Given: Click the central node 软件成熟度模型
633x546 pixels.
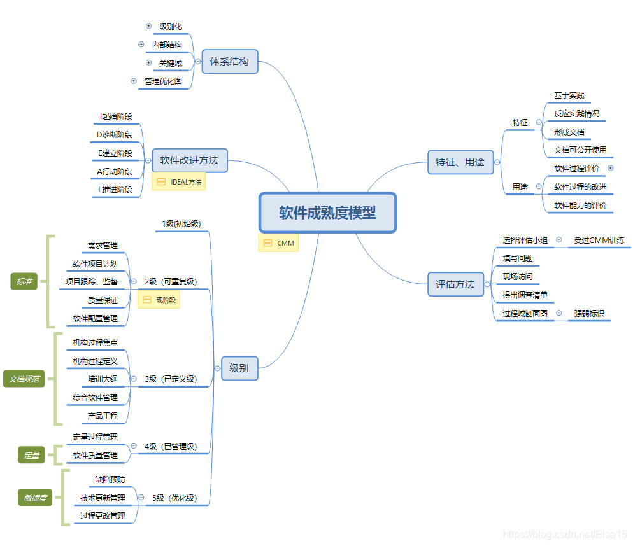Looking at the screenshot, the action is pos(327,213).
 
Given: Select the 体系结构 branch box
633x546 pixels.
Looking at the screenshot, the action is pos(229,62).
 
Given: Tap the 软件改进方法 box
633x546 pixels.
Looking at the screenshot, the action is pos(189,160).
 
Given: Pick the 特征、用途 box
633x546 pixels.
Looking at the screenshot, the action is pos(460,162).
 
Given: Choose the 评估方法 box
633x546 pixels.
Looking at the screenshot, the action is pos(455,284).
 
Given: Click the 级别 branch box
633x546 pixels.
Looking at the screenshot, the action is pos(239,368).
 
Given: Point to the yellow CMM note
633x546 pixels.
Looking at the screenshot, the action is pos(278,243).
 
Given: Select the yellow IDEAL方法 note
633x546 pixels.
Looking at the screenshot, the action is pos(179,182).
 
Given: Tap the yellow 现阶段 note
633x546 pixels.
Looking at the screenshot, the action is pos(159,300).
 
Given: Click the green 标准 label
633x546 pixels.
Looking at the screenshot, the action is pos(24,282).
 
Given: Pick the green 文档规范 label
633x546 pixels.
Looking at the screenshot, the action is pos(24,379).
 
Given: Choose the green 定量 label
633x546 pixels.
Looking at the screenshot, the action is pos(32,455).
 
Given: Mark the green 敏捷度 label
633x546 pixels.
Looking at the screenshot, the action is pos(36,498).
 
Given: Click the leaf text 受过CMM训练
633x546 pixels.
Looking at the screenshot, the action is pos(599,240).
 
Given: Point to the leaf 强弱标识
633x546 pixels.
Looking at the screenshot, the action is pos(589,313).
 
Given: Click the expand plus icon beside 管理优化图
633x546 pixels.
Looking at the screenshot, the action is pos(134,81).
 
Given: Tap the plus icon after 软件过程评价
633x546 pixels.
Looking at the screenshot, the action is pos(611,168).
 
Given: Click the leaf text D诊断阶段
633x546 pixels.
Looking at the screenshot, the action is pos(115,134).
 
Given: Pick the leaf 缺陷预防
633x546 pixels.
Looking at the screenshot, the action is pos(110,479).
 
